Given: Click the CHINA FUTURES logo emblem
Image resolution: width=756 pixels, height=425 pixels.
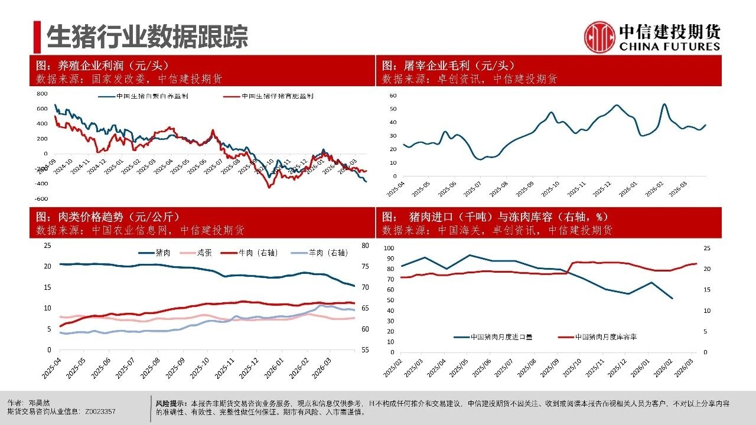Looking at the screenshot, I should (x=599, y=37).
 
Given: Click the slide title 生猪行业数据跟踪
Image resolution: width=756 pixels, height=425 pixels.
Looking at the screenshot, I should (x=147, y=37).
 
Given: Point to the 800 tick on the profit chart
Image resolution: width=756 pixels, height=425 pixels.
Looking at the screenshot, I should (x=42, y=94).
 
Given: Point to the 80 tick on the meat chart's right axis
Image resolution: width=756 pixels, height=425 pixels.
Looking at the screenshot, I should (x=365, y=246).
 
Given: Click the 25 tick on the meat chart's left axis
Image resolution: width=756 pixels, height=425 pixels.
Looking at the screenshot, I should (x=48, y=246).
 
